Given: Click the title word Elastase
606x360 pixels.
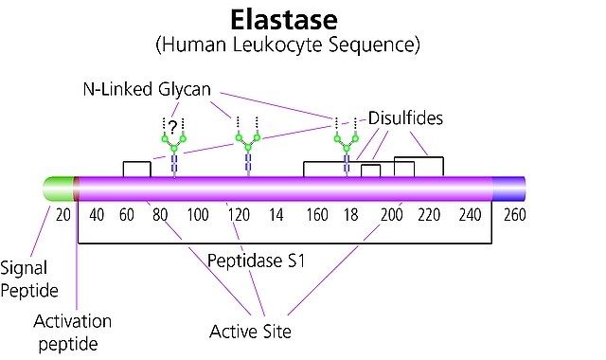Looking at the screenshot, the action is coord(284,20).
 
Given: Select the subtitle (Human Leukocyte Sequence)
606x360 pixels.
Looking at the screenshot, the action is coord(288,45).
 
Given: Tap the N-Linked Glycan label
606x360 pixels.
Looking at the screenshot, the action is coord(147,90).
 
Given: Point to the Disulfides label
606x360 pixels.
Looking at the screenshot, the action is coord(405,118).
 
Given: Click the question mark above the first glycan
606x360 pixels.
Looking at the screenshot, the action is coord(173,126).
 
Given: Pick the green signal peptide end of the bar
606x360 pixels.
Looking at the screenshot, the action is coord(59,189).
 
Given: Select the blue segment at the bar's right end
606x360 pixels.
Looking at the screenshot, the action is coord(508,189).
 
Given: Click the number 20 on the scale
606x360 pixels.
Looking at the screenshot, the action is coord(63,215).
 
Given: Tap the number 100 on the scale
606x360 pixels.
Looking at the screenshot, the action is coord(198,215).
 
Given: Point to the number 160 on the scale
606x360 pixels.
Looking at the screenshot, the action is coord(317,215).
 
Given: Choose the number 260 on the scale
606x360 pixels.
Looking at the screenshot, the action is coord(515,215).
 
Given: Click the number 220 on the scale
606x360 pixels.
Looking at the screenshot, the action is coord(429,215).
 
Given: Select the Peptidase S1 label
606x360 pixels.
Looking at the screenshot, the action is coord(257,261).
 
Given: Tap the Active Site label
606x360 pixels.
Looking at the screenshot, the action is coord(250,332).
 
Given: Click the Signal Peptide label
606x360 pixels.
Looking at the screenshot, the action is coord(29,279).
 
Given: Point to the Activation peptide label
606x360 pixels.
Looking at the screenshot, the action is coord(72,333).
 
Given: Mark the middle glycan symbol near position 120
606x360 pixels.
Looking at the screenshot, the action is coord(248,147).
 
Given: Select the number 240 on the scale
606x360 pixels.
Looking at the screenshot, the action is coord(470,215).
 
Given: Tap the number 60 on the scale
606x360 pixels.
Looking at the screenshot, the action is coord(127,215).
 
